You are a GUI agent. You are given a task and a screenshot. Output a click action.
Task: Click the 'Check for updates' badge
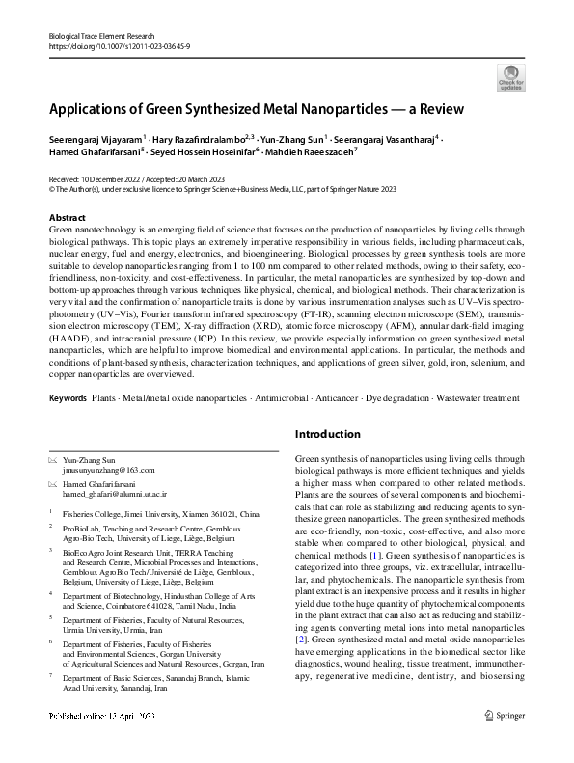coord(510,76)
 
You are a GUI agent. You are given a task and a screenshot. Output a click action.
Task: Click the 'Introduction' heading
coord(328,435)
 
